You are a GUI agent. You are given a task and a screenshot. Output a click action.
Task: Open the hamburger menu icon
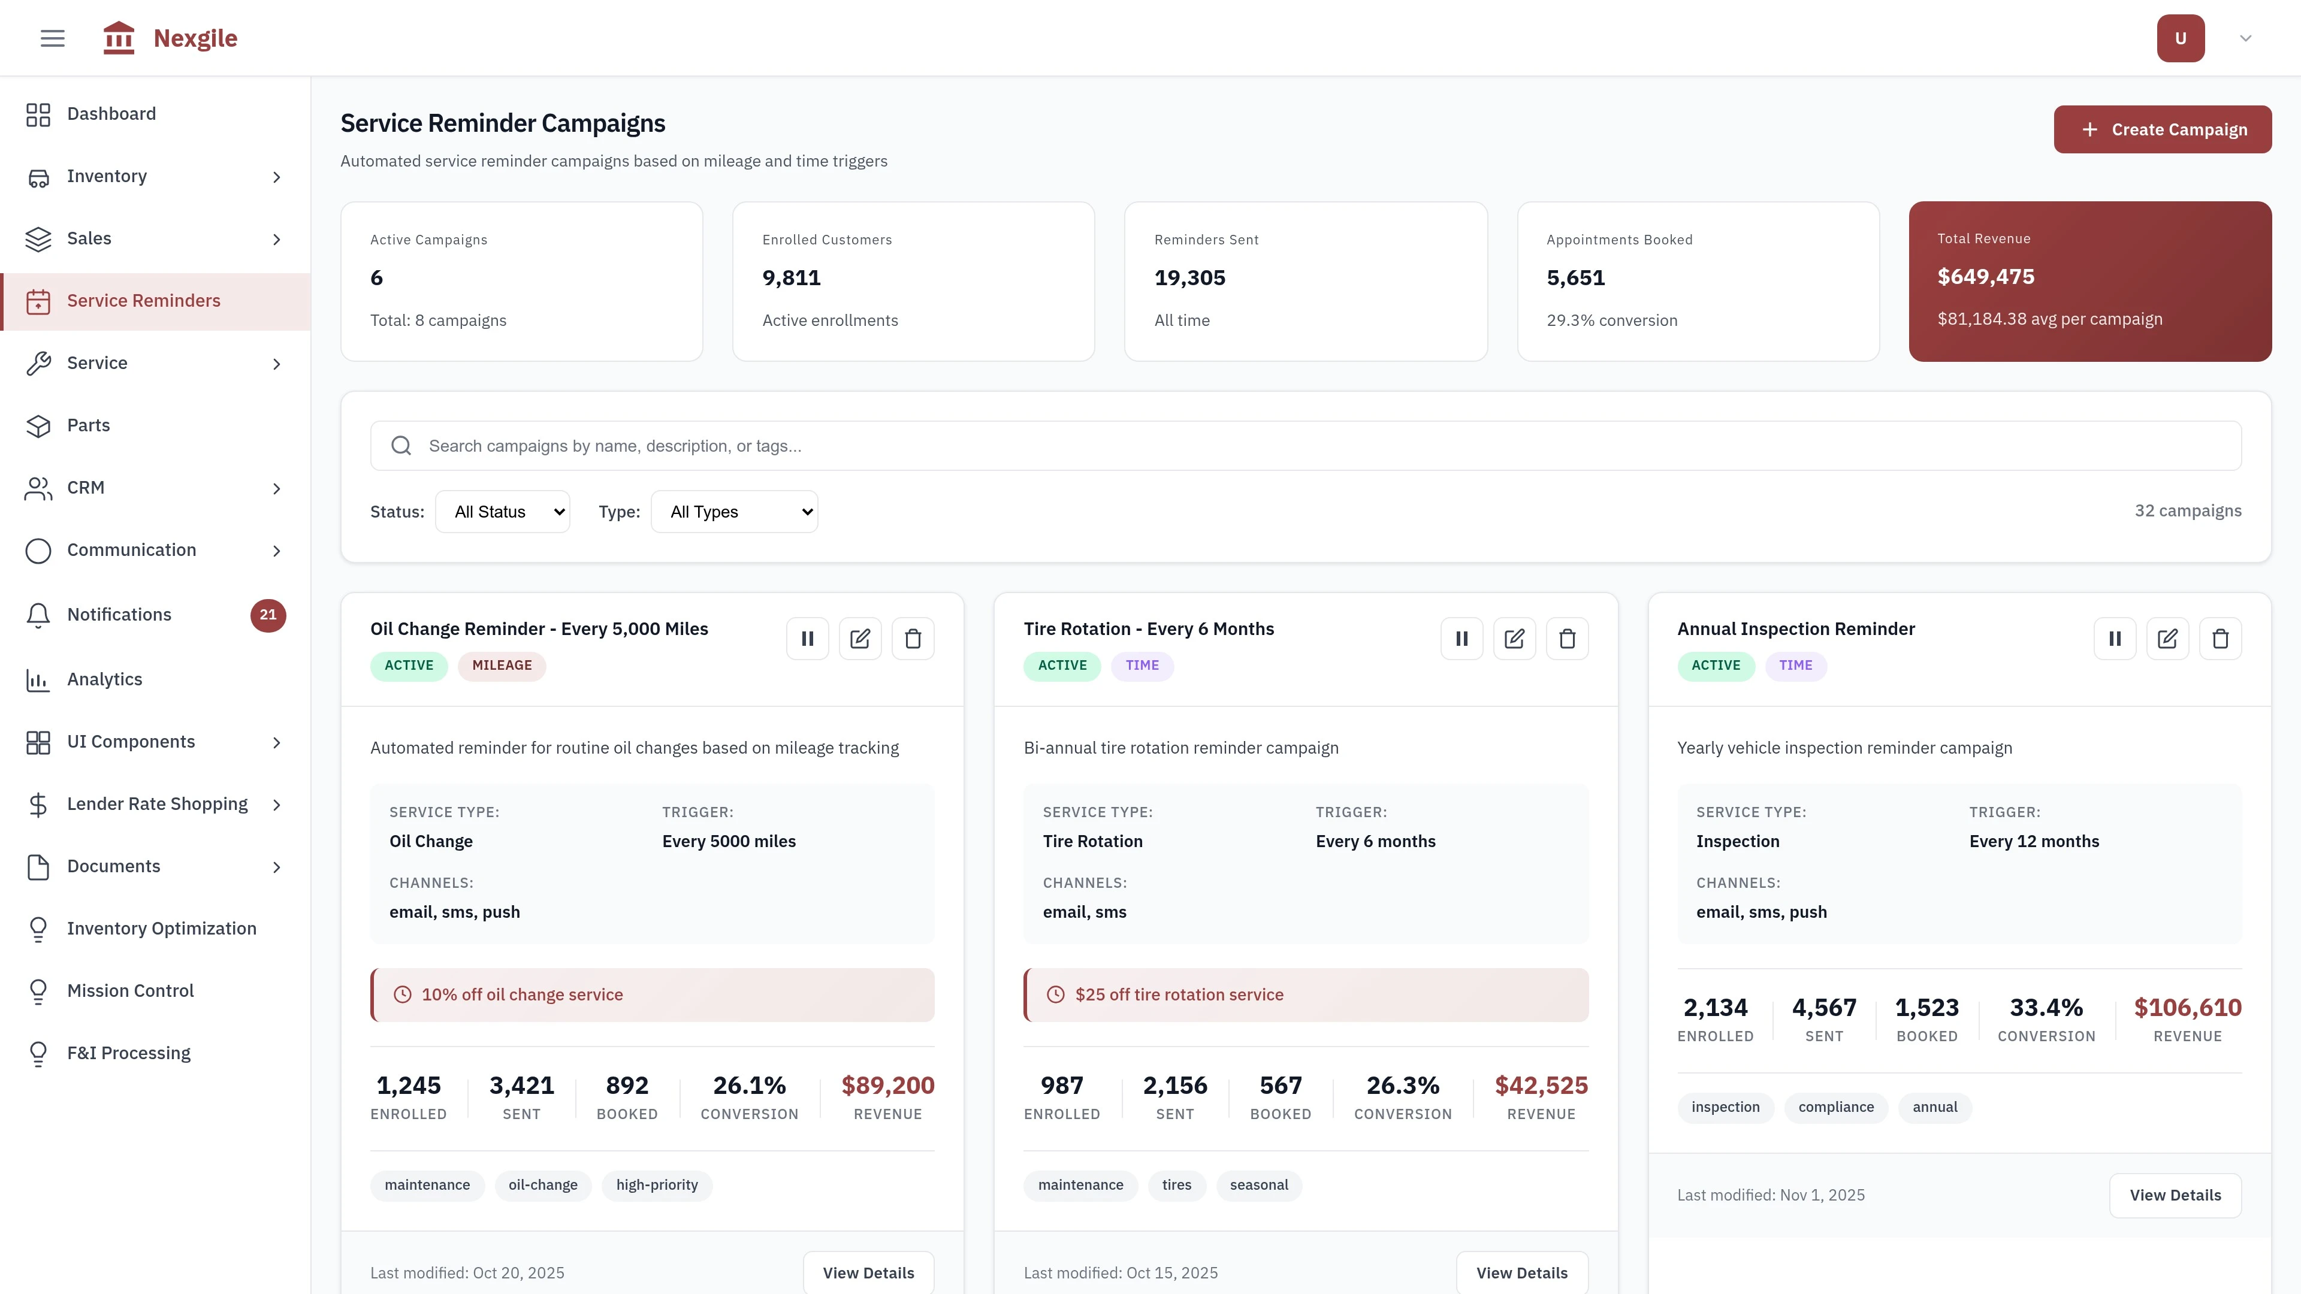click(x=53, y=38)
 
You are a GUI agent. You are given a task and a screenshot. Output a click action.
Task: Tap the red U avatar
click(x=2179, y=38)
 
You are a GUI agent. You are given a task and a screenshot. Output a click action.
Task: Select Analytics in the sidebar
click(x=104, y=679)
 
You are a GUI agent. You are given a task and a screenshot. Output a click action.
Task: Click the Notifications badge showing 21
click(x=268, y=615)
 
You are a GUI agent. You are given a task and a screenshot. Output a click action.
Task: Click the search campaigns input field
click(x=1304, y=446)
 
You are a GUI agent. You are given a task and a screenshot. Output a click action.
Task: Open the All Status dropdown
click(x=503, y=512)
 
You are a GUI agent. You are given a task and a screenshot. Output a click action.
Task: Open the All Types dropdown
click(x=734, y=512)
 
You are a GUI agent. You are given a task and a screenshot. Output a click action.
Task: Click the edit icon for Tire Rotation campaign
click(x=1514, y=639)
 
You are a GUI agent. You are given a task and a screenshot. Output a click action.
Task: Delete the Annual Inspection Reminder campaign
click(x=2220, y=639)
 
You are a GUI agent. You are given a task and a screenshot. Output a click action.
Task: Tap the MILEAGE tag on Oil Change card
click(x=501, y=666)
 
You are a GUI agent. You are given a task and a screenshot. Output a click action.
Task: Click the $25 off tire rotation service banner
click(x=1305, y=995)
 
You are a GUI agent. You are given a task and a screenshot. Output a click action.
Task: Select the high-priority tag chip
click(x=657, y=1185)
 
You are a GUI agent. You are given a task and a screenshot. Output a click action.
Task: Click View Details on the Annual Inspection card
click(x=2174, y=1195)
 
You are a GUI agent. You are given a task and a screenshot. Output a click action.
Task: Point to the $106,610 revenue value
click(x=2187, y=1007)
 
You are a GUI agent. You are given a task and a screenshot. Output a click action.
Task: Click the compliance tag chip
click(x=1835, y=1107)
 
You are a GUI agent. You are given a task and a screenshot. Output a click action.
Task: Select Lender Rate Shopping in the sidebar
click(x=157, y=804)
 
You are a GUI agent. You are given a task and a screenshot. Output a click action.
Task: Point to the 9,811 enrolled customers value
click(x=790, y=278)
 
